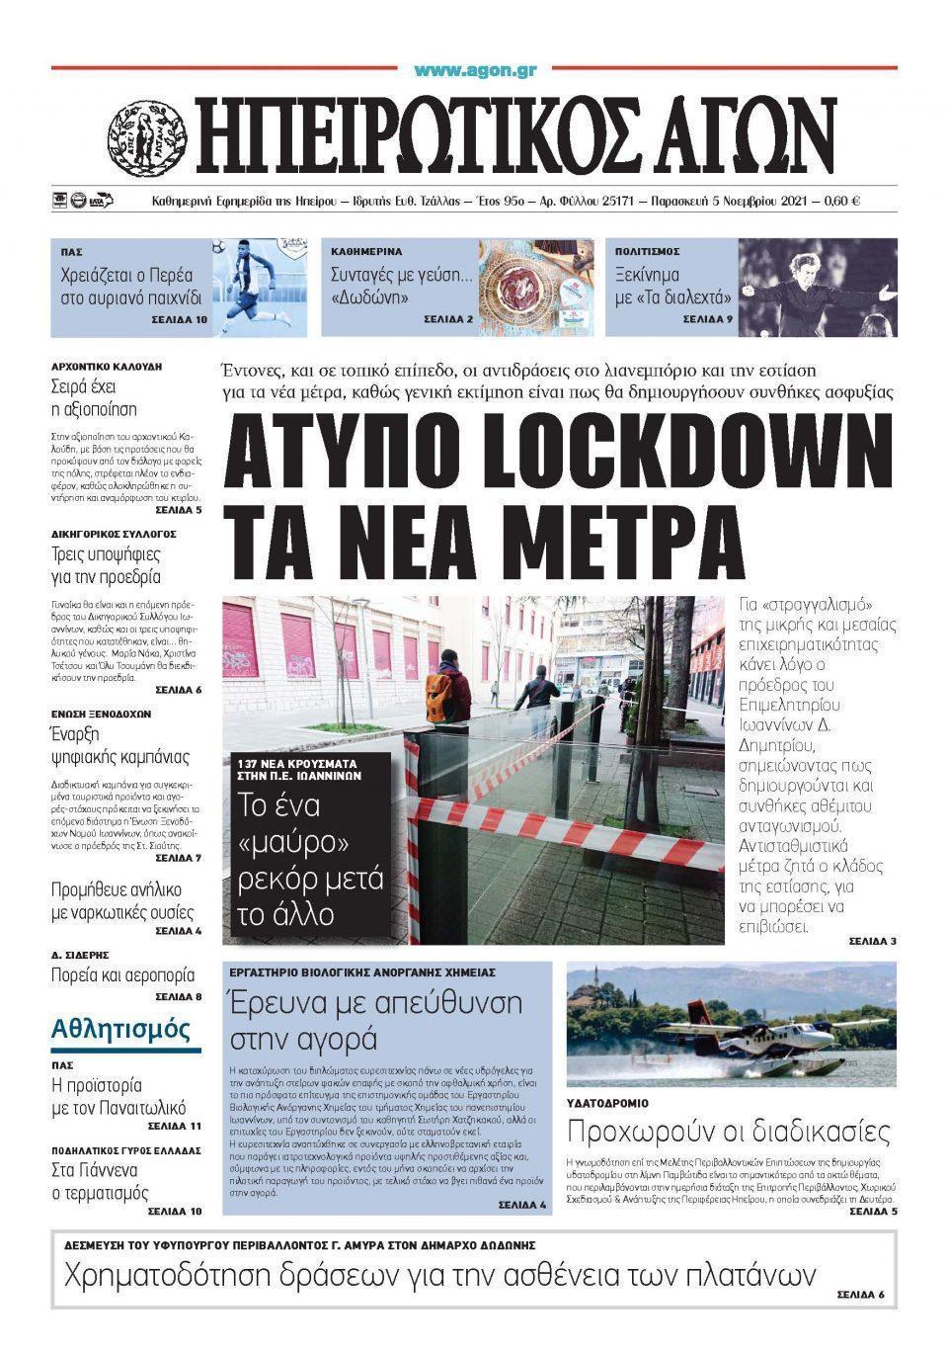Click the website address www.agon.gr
[475, 70]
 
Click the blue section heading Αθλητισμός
[120, 1029]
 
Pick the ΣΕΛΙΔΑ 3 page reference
[872, 941]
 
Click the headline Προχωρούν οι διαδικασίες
[729, 1131]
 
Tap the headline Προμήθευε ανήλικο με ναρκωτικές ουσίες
[122, 901]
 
